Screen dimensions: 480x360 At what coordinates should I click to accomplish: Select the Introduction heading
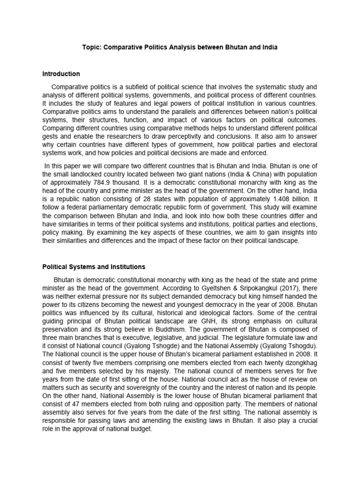point(61,74)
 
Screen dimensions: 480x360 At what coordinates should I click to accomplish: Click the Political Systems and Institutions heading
point(94,267)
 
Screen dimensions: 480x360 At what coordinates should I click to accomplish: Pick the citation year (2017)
point(267,288)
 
